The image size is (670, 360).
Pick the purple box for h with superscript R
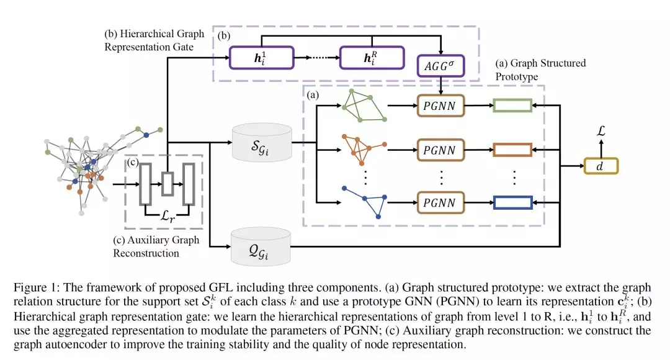point(365,59)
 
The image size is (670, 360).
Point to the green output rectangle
point(512,106)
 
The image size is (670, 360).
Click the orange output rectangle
point(512,150)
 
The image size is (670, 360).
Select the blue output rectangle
point(512,202)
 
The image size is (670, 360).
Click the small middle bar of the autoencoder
point(167,184)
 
